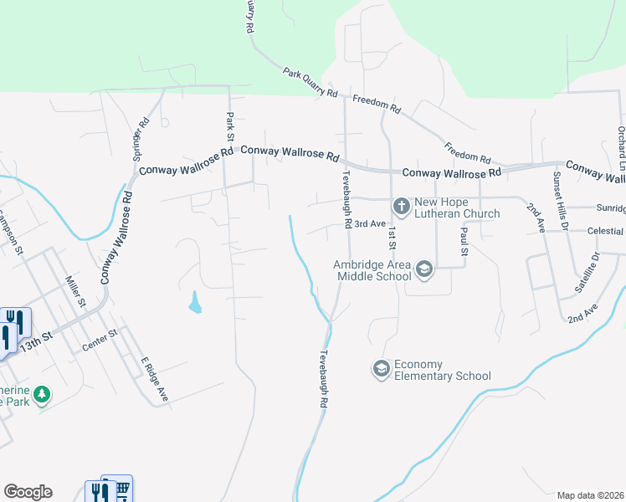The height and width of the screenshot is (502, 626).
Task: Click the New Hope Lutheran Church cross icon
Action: tap(401, 206)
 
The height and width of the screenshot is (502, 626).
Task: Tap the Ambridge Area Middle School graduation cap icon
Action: tap(424, 269)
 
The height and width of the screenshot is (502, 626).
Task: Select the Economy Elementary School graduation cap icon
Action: tap(382, 369)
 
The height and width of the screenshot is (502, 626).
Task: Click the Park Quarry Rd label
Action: tap(310, 82)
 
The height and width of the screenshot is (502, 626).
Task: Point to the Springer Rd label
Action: tap(141, 139)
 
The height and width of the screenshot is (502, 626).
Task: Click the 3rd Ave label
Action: tap(368, 224)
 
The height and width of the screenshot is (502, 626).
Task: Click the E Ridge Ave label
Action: tap(155, 378)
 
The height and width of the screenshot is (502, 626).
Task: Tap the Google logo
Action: tap(28, 492)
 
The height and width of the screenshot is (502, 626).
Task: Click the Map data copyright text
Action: tap(590, 495)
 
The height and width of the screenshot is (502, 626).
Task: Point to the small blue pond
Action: tap(195, 302)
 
